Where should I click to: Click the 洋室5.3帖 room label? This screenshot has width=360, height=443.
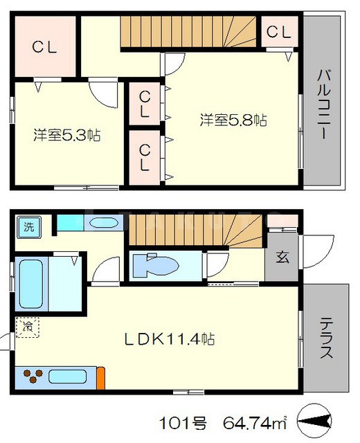coord(67,134)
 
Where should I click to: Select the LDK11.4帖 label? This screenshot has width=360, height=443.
coord(169,339)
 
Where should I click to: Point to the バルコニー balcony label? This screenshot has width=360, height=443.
coord(323,105)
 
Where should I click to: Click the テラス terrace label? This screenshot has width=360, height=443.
coord(327,338)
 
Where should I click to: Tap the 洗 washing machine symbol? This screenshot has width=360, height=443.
coord(28,226)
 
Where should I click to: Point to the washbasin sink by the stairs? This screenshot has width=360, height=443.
coord(104,223)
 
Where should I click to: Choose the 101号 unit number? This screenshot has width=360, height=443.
coord(180,420)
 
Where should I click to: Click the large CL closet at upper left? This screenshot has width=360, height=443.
coord(44,46)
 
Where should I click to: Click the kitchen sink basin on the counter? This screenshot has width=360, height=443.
coord(67,378)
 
